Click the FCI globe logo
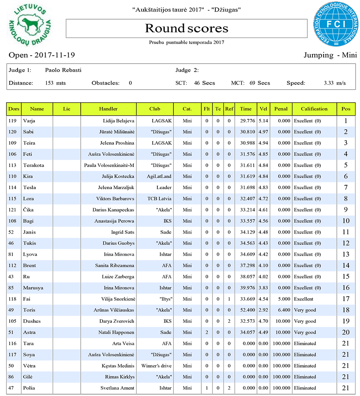336,24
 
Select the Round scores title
186,28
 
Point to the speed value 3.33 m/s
334,83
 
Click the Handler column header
108,109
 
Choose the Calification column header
314,109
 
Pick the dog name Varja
29,120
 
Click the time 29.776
246,120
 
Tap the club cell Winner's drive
156,366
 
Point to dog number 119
14,120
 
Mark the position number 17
346,299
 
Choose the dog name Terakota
34,165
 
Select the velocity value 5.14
263,120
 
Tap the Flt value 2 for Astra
207,332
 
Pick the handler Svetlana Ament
117,388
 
